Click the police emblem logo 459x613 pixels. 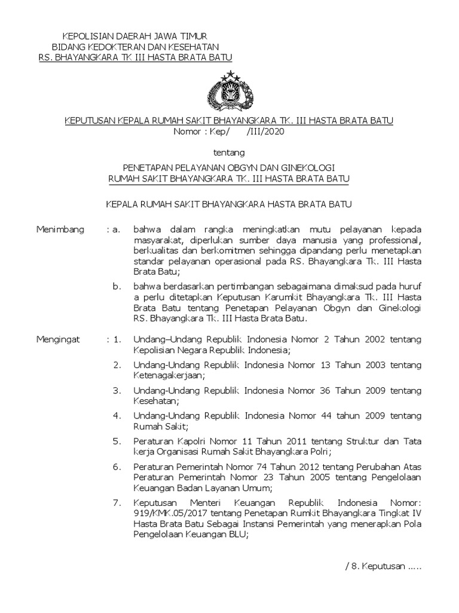229,90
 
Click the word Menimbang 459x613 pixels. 60,229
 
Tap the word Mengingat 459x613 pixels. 58,339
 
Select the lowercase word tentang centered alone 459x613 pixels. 229,153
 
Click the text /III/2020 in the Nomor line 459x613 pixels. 265,132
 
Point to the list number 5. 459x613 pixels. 117,441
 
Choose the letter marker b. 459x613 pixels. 117,287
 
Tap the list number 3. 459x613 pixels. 117,390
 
